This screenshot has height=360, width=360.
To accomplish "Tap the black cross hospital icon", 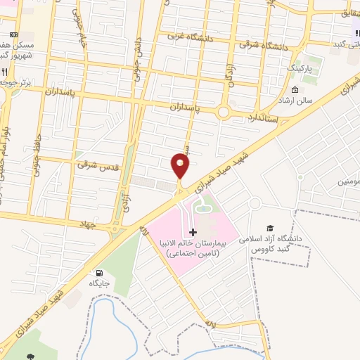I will tap(193, 231).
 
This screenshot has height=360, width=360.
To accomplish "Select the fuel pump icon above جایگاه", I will tap(98, 273).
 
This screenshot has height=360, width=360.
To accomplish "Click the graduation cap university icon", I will tap(269, 228).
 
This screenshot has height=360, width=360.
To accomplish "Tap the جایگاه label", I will tap(98, 283).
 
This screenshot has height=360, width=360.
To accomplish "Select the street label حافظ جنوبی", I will tap(36, 151).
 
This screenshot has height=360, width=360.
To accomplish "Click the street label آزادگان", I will tap(229, 72).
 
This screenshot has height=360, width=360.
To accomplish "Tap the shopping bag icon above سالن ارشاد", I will tap(295, 91).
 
